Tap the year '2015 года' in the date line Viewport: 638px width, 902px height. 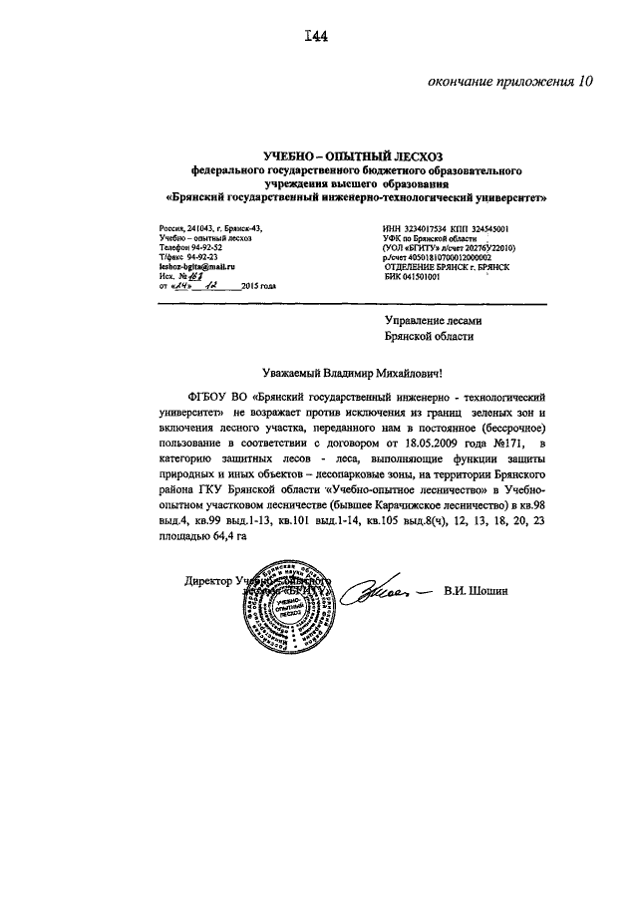257,288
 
